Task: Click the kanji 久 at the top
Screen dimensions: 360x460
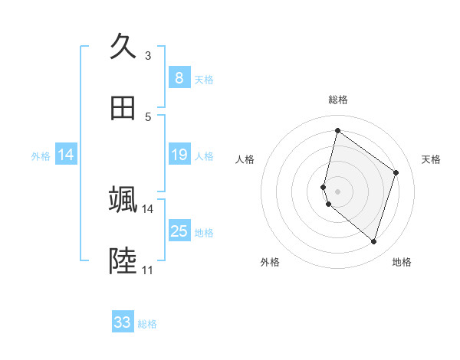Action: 123,47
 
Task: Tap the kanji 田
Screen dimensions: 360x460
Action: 123,108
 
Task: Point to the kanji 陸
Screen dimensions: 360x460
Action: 123,261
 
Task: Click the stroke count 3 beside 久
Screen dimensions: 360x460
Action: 148,55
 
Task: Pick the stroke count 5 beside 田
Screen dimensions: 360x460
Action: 148,116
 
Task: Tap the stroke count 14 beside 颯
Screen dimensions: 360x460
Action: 148,208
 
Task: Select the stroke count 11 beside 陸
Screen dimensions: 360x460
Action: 148,270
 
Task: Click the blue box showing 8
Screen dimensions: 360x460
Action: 179,77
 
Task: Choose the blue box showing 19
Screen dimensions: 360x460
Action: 179,155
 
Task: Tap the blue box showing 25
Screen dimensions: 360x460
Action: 179,231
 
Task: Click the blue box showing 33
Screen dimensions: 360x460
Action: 123,322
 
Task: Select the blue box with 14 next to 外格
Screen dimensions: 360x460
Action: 66,155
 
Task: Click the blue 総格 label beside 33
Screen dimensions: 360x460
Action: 148,324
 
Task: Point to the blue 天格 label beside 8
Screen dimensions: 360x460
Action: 204,79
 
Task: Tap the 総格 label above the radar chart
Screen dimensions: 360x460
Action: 337,100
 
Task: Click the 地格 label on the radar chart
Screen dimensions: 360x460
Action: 402,262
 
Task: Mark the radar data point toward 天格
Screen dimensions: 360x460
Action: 396,172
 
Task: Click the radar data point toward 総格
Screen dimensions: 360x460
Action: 337,131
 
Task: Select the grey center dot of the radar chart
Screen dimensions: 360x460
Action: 337,191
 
